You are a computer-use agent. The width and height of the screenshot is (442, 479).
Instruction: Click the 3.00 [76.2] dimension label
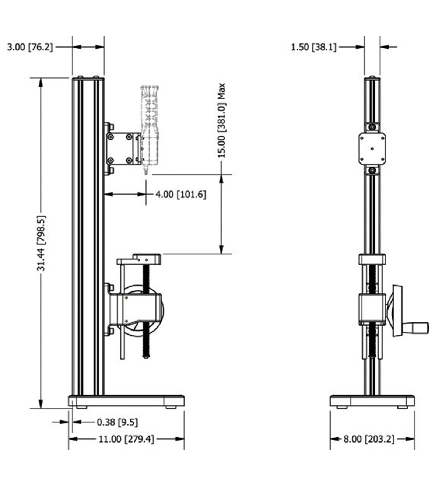coord(30,47)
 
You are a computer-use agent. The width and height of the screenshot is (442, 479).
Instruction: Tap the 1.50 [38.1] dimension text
coord(313,47)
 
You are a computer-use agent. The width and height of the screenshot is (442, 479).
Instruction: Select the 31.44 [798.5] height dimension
coord(41,243)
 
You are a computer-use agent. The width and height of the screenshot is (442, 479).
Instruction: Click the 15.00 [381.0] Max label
coord(221,120)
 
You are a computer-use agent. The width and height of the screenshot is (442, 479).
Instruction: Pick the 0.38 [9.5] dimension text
coord(117,422)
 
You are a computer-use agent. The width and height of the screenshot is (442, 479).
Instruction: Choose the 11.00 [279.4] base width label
coord(126,439)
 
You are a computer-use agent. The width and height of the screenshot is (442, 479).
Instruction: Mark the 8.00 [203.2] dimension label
coord(369,439)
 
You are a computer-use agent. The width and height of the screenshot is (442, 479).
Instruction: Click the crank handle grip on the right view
coord(416,327)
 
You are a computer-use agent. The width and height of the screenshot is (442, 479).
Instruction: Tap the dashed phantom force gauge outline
coord(150,122)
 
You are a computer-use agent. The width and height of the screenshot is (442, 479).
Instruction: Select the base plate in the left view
coord(126,401)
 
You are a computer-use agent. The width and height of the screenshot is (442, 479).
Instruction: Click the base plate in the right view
coord(372,401)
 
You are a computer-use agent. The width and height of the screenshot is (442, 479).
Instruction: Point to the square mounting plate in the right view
coord(372,148)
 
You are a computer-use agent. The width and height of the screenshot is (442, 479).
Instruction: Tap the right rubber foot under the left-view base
coord(171,407)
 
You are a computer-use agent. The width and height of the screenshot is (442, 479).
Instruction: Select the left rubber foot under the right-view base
coord(342,407)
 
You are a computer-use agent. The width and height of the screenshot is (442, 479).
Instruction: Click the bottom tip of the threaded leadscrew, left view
coord(146,356)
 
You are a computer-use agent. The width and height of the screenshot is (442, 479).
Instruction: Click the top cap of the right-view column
coord(372,78)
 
